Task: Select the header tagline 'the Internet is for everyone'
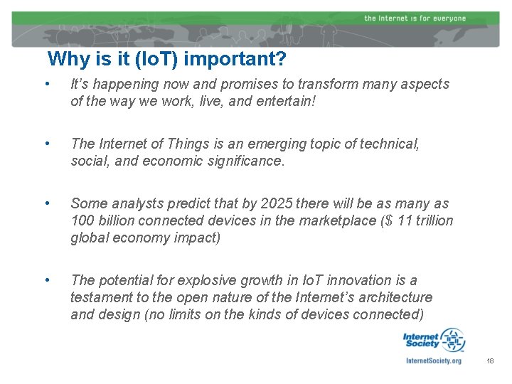click(x=415, y=18)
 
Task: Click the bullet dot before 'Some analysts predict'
click(x=46, y=204)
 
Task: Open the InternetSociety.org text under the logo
click(x=433, y=361)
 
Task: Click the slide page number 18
click(x=490, y=362)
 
